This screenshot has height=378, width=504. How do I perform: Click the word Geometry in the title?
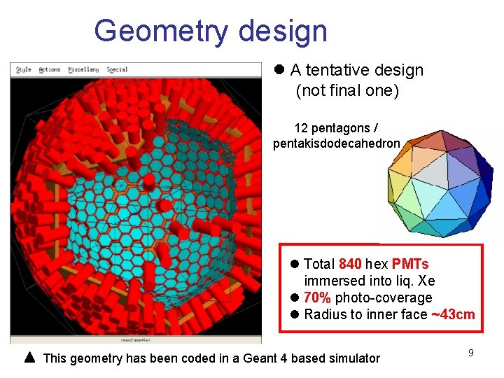pyautogui.click(x=160, y=31)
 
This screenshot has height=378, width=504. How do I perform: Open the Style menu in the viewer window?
pyautogui.click(x=24, y=70)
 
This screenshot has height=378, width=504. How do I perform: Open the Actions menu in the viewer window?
pyautogui.click(x=49, y=70)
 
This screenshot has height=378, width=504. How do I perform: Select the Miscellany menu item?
pyautogui.click(x=83, y=70)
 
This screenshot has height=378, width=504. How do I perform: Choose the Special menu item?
pyautogui.click(x=116, y=70)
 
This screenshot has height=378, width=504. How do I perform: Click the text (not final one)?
pyautogui.click(x=347, y=90)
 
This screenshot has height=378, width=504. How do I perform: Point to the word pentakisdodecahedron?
pyautogui.click(x=337, y=143)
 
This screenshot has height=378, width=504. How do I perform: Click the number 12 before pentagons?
pyautogui.click(x=301, y=128)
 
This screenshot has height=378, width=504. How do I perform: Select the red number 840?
pyautogui.click(x=350, y=264)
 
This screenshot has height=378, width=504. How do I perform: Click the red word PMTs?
pyautogui.click(x=410, y=264)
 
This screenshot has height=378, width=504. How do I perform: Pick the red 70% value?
pyautogui.click(x=317, y=297)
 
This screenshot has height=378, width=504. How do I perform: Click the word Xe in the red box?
pyautogui.click(x=426, y=281)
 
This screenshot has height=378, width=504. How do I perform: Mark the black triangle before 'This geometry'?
pyautogui.click(x=29, y=358)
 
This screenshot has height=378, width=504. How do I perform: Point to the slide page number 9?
pyautogui.click(x=471, y=353)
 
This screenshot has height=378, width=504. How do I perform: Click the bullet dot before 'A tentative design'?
pyautogui.click(x=279, y=70)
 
